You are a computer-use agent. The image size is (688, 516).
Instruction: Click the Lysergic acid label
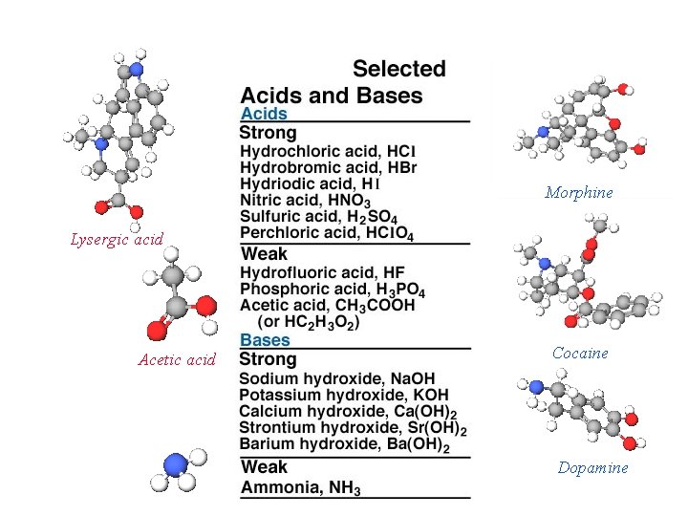(x=117, y=239)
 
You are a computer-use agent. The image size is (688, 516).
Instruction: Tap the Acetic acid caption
(x=177, y=360)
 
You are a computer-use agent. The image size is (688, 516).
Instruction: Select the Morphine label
(x=579, y=193)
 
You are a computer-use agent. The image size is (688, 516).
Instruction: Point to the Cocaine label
(x=580, y=354)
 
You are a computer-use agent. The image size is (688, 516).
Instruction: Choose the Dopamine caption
(x=592, y=468)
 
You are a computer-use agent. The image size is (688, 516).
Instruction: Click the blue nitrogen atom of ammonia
(x=176, y=464)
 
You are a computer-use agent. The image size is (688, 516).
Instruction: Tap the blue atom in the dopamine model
(x=537, y=387)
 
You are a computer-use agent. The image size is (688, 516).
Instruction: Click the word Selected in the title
(x=399, y=69)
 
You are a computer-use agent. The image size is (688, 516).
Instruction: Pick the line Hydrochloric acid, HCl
(x=328, y=152)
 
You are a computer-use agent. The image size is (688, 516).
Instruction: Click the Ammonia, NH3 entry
(x=300, y=488)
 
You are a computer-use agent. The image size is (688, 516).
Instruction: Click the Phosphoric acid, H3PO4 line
(x=333, y=289)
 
